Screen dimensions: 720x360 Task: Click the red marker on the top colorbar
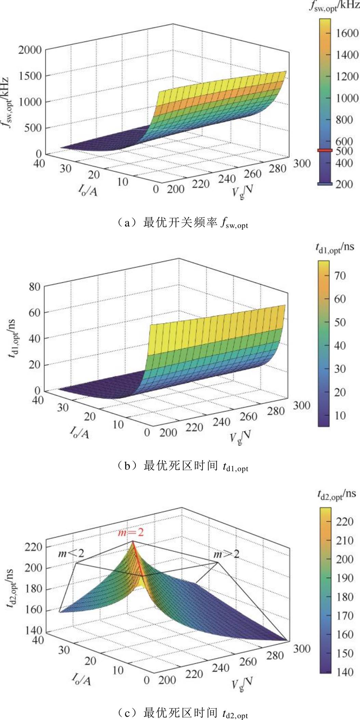[324, 150]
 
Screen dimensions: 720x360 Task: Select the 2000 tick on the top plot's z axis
[30, 50]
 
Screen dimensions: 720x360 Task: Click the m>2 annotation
[226, 554]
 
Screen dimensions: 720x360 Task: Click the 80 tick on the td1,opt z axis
[35, 286]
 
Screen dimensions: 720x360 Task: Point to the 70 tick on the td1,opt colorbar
[340, 276]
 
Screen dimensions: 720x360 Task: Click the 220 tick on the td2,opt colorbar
[344, 521]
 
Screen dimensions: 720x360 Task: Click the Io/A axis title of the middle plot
[80, 432]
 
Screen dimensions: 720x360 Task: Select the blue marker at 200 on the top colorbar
[324, 184]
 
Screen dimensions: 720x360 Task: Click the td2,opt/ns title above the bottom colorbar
[336, 494]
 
